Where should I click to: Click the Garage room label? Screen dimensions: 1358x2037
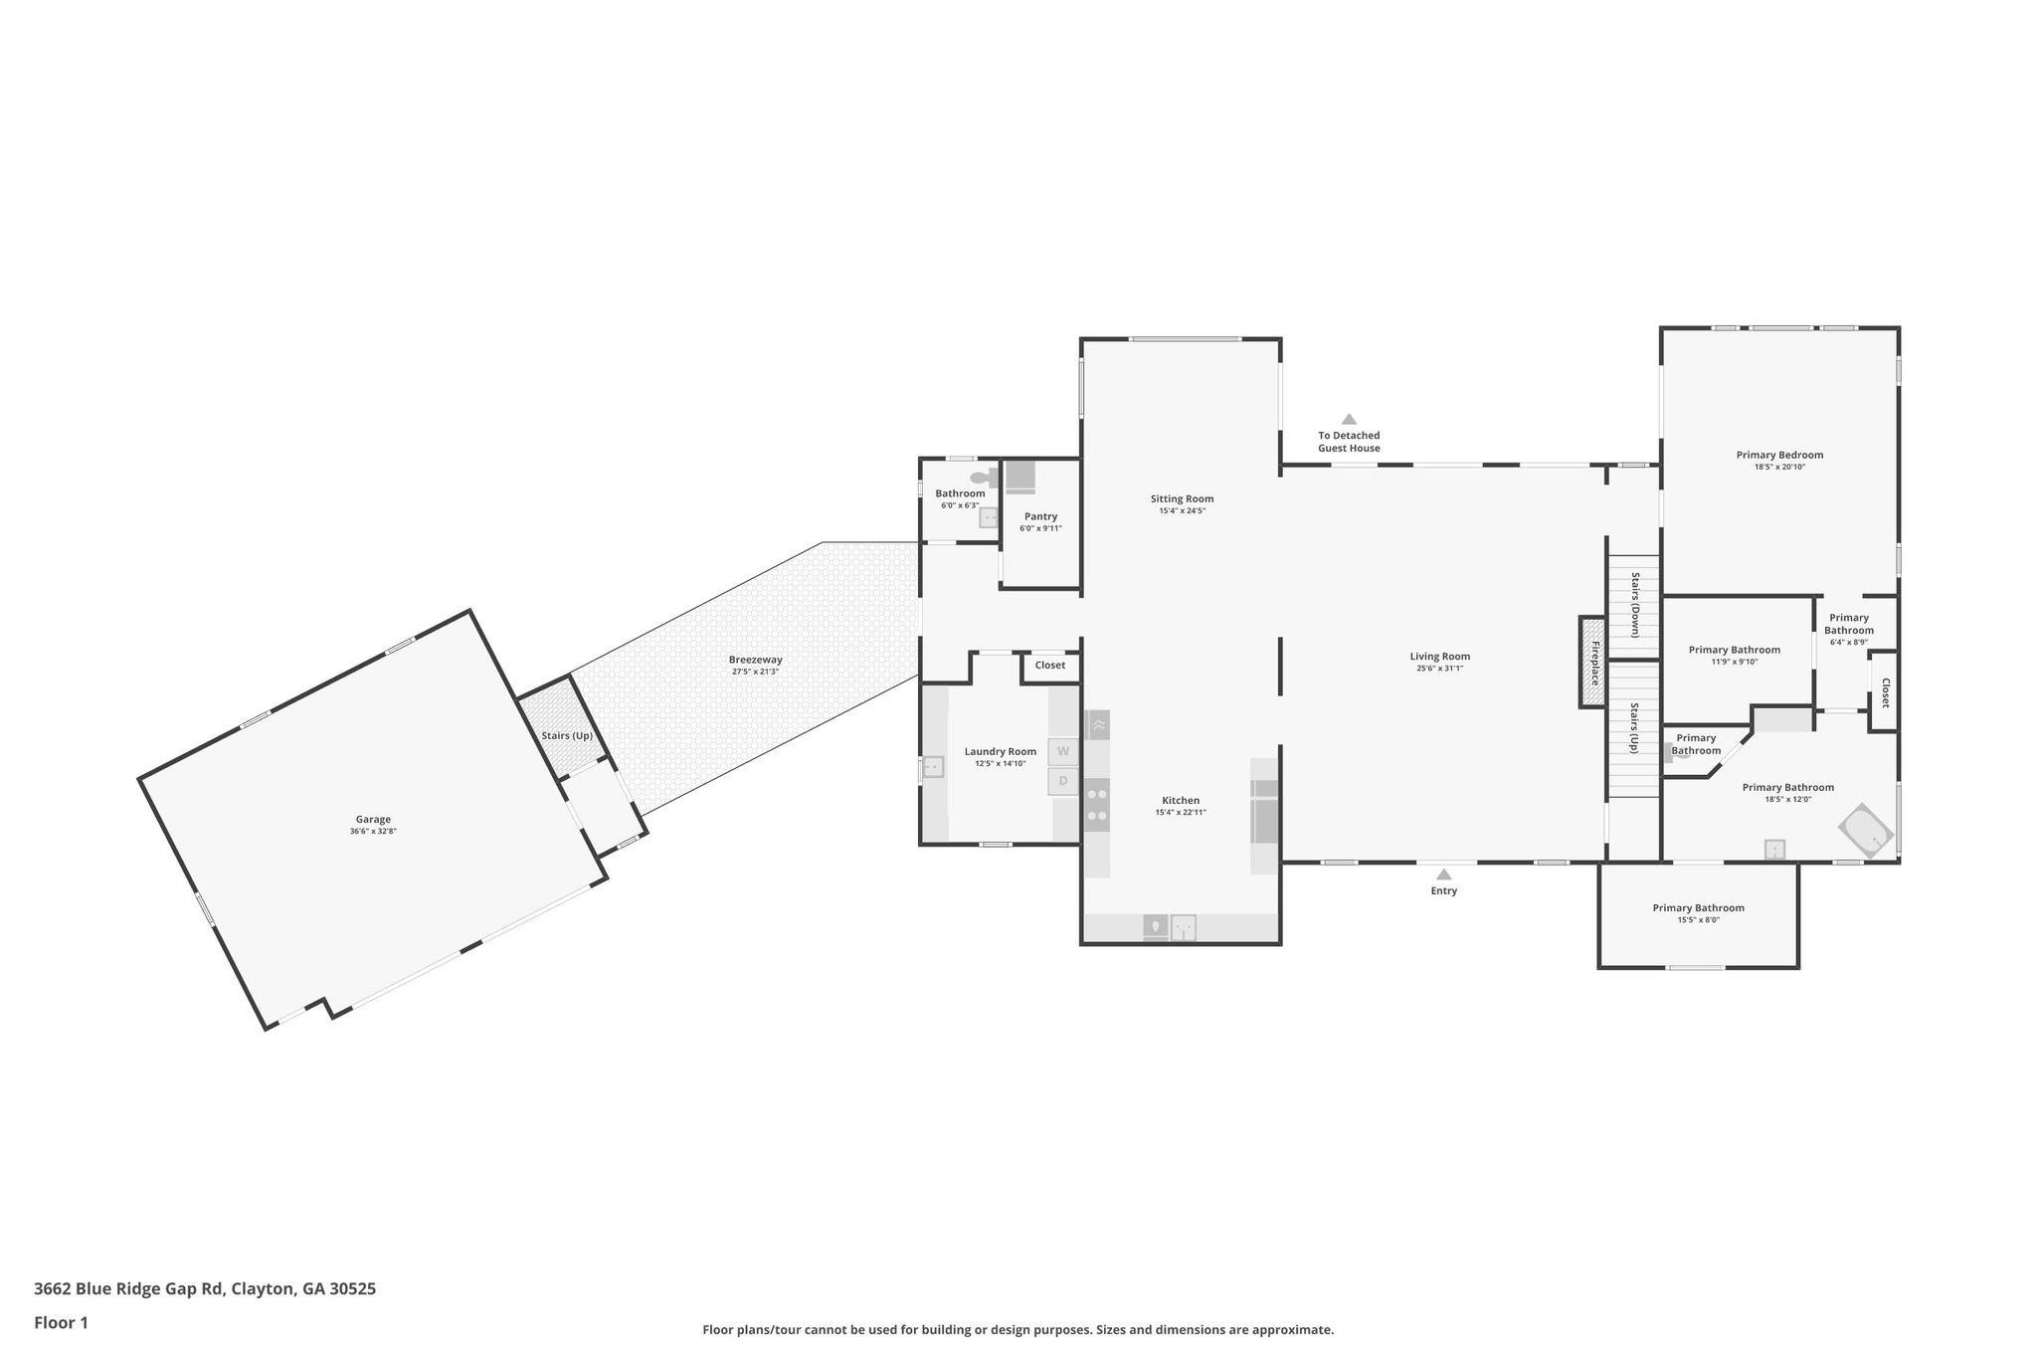pos(374,820)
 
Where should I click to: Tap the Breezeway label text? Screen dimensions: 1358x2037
pos(755,660)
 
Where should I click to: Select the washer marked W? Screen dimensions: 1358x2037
pos(1062,751)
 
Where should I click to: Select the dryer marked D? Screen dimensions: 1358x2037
pos(1062,781)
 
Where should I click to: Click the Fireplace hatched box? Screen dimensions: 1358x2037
pos(1592,663)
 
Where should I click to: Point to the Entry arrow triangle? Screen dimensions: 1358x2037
pos(1443,874)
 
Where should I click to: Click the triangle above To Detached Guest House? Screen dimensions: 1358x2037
pos(1349,419)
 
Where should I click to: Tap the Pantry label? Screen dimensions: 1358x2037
pos(1040,516)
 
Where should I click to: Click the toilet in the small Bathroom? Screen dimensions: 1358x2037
pos(982,478)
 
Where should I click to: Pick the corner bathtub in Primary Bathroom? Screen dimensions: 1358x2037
pos(1867,831)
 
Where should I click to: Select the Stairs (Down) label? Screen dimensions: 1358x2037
pos(1634,604)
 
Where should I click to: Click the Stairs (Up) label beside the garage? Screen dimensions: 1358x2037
pos(567,735)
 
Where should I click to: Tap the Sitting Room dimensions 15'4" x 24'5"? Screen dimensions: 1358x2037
pos(1182,511)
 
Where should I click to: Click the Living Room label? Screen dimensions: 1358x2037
pos(1439,657)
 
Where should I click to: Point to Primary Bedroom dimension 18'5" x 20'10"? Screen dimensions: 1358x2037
pos(1779,467)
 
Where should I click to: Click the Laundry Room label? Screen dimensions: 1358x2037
pos(1000,751)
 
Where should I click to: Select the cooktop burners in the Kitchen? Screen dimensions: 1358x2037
pos(1097,805)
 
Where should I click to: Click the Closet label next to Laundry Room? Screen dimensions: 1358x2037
pos(1049,665)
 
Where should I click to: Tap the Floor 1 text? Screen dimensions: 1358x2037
pos(61,1322)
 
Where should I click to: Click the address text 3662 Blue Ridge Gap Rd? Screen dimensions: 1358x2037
pos(129,1288)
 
